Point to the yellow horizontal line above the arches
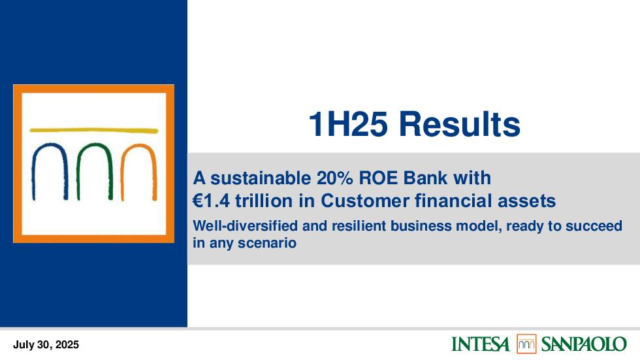point(94,131)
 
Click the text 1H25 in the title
point(347,124)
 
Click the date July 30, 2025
point(46,345)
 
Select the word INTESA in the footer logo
point(481,344)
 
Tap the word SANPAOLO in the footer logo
point(584,344)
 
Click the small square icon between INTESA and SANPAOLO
point(526,344)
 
